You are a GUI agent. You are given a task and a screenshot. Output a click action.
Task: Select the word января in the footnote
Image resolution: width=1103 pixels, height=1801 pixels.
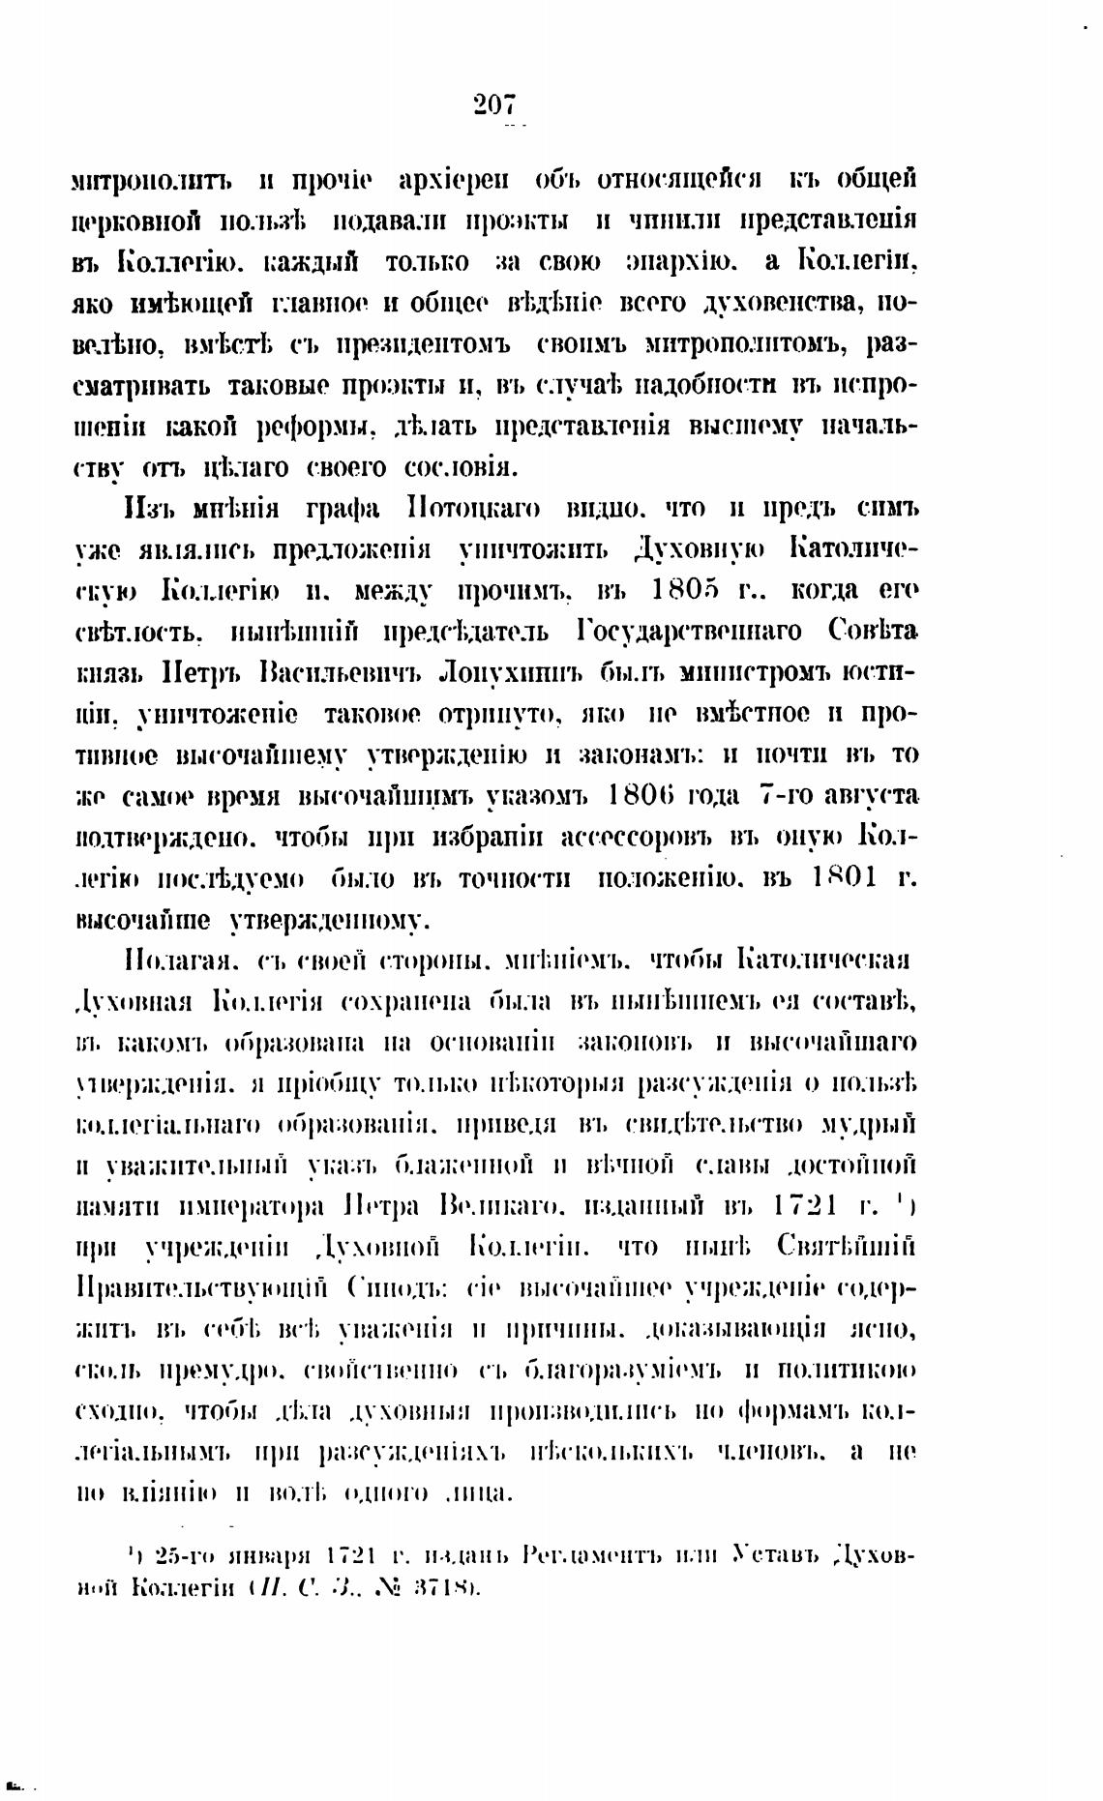267,1556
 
